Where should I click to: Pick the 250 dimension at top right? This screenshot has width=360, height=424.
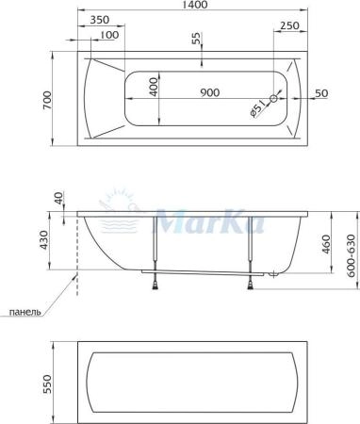point(290,25)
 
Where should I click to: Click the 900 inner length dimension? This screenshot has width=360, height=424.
point(210,92)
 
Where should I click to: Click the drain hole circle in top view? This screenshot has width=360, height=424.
point(274,98)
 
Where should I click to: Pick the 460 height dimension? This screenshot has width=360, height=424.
point(326,246)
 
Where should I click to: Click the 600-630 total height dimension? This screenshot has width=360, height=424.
point(350,253)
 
